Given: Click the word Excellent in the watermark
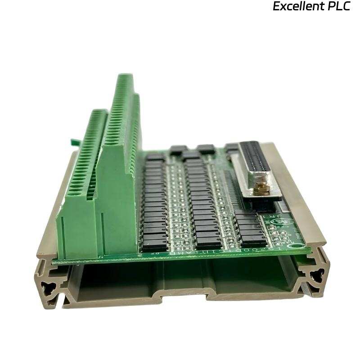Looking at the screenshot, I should pyautogui.click(x=297, y=7).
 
